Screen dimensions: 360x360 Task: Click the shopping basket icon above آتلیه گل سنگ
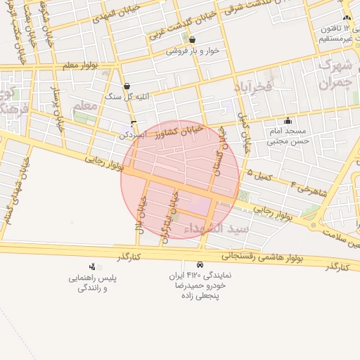(x=127, y=86)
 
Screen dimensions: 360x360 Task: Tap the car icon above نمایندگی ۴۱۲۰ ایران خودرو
(x=200, y=265)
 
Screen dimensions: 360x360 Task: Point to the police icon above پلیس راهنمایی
(x=91, y=266)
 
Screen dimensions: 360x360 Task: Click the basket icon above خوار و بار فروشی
(x=192, y=41)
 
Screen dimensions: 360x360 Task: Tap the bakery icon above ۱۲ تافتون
(x=346, y=18)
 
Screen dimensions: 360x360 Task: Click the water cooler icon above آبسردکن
(x=134, y=123)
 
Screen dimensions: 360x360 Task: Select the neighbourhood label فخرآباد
(x=254, y=86)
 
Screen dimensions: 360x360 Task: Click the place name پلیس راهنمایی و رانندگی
(x=92, y=283)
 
